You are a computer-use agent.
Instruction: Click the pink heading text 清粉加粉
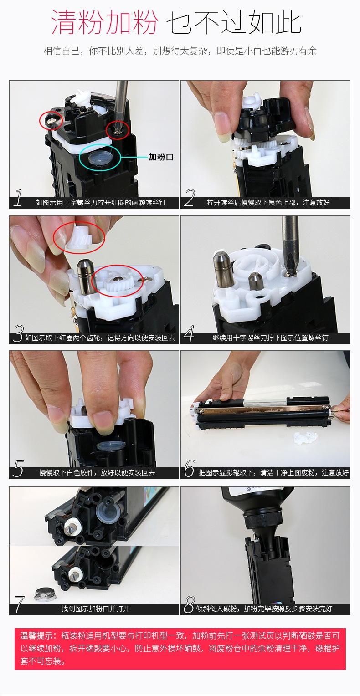point(105,22)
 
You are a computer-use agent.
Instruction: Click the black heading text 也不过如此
point(234,22)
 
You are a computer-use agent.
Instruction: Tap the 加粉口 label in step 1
point(161,157)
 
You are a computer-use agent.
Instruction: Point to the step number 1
point(18,198)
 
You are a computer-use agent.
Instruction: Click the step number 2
point(189,198)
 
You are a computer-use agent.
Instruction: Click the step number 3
point(19,333)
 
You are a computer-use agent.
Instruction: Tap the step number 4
point(189,333)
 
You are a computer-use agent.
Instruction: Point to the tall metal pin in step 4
point(222,268)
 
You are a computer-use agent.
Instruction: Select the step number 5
point(18,468)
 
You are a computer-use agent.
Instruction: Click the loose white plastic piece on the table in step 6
point(306,437)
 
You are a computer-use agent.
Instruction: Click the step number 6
point(190,468)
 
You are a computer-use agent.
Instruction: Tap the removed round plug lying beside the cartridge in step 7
point(46,594)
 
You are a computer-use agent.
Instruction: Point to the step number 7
point(19,604)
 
